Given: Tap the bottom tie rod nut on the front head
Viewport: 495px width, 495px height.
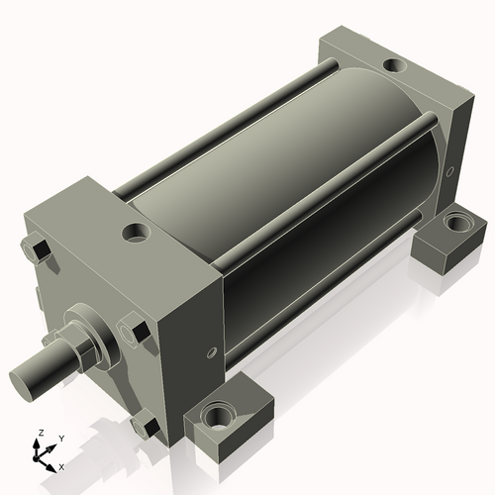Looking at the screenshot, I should point(145,427).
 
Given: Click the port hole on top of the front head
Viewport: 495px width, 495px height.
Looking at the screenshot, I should point(134,234).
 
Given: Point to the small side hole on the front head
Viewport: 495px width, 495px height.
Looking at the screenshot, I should point(209,351).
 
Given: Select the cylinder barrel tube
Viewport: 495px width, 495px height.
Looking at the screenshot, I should point(287,198).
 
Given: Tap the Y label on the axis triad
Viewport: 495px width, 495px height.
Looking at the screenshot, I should point(60,437).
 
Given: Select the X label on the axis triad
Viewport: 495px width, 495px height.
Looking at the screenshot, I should point(61,465).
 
